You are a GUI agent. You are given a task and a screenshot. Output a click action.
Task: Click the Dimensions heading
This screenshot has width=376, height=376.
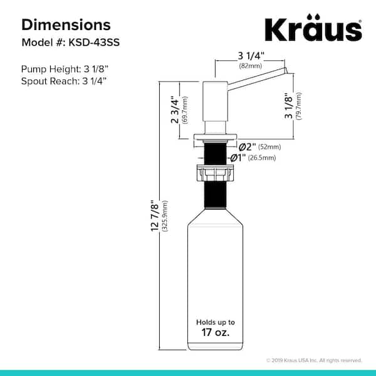pyautogui.click(x=66, y=24)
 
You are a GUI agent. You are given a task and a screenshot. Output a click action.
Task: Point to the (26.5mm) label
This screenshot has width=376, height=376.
pyautogui.click(x=262, y=158)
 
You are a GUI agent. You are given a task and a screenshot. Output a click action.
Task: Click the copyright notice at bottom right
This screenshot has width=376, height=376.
pyautogui.click(x=313, y=360)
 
